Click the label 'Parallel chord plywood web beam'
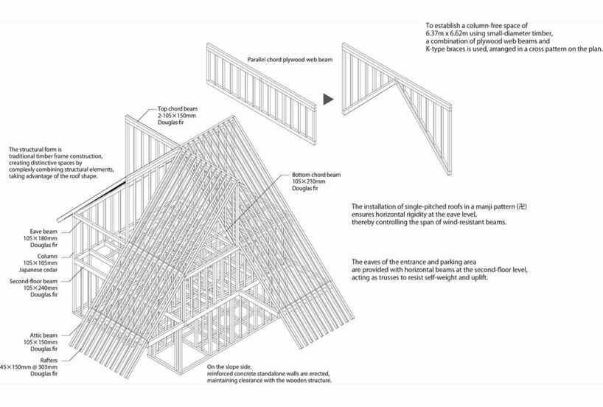(287, 59)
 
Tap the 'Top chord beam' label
(178, 108)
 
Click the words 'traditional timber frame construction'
(55, 156)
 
